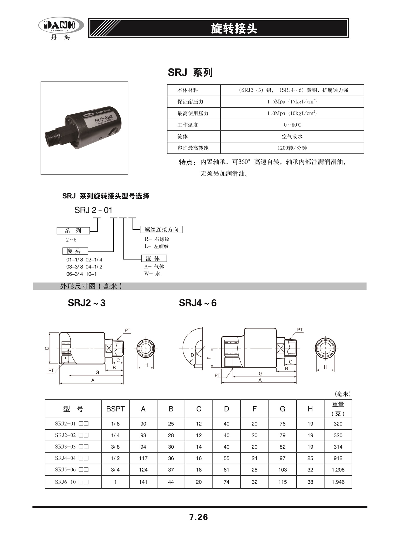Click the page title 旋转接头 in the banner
pyautogui.click(x=234, y=29)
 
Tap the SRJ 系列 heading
pyautogui.click(x=190, y=72)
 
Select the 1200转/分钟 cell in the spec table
pyautogui.click(x=292, y=148)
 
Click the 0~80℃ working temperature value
pyautogui.click(x=292, y=125)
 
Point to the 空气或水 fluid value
pyautogui.click(x=292, y=136)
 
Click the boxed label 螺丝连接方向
pyautogui.click(x=161, y=230)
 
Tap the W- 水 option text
pyautogui.click(x=152, y=274)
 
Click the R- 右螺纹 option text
pyautogui.click(x=157, y=239)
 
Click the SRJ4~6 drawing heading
pyautogui.click(x=198, y=303)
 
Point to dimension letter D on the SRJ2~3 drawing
pyautogui.click(x=47, y=348)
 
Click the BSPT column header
pyautogui.click(x=115, y=409)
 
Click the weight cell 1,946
pyautogui.click(x=338, y=482)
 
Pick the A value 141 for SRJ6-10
pyautogui.click(x=143, y=482)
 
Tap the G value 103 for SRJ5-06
pyautogui.click(x=282, y=470)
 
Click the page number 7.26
pyautogui.click(x=199, y=517)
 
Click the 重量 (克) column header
pyautogui.click(x=338, y=409)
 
